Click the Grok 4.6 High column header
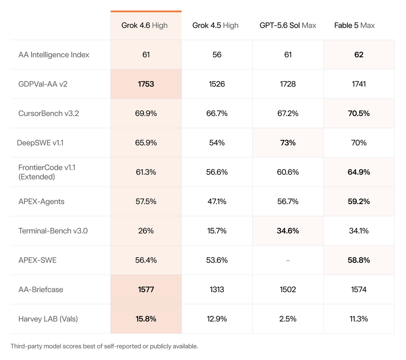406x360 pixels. pyautogui.click(x=145, y=26)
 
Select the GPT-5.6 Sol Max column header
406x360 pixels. pyautogui.click(x=288, y=26)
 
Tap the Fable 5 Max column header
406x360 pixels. pyautogui.click(x=354, y=26)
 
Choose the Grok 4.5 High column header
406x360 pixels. pyautogui.click(x=215, y=26)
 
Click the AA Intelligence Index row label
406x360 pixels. pyautogui.click(x=54, y=55)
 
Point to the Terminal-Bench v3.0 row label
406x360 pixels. pyautogui.click(x=53, y=231)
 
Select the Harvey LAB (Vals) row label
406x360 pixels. pyautogui.click(x=48, y=319)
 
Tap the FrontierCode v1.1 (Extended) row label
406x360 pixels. pyautogui.click(x=47, y=172)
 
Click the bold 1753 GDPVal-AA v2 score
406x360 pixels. pyautogui.click(x=146, y=84)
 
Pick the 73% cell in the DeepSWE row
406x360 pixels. pyautogui.click(x=288, y=143)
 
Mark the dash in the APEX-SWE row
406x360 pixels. pyautogui.click(x=288, y=260)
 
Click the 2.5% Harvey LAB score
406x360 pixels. pyautogui.click(x=288, y=319)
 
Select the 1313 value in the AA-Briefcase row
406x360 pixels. pyautogui.click(x=217, y=289)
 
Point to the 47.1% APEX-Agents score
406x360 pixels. pyautogui.click(x=217, y=202)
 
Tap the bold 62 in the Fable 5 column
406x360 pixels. pyautogui.click(x=358, y=55)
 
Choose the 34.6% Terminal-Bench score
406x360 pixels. pyautogui.click(x=288, y=231)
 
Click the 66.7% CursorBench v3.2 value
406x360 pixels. pyautogui.click(x=217, y=113)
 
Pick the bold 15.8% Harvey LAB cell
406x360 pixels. pyautogui.click(x=146, y=319)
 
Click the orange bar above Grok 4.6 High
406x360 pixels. pyautogui.click(x=146, y=11)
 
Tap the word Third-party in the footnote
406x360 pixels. pyautogui.click(x=26, y=346)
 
